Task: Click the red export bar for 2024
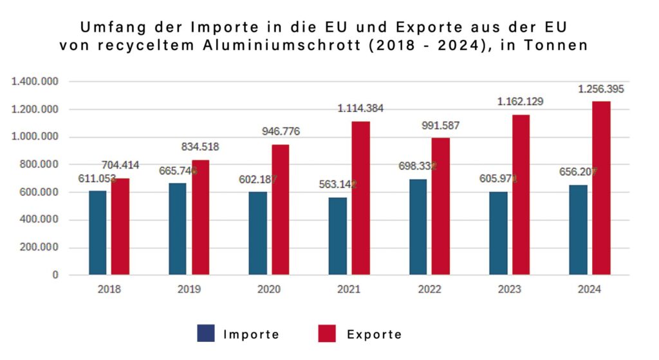(x=601, y=188)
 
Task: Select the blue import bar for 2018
(x=98, y=232)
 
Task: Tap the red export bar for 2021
(x=361, y=198)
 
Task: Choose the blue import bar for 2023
(x=497, y=233)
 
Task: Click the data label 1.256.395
(x=600, y=90)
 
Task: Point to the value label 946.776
(x=281, y=131)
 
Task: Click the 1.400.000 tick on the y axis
(x=35, y=82)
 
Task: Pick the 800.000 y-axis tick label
(x=38, y=165)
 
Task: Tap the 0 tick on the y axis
(x=55, y=275)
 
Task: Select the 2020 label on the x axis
(x=268, y=290)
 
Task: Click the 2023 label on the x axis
(x=509, y=290)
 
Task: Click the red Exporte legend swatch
(x=327, y=333)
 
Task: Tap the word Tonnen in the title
(x=559, y=46)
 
